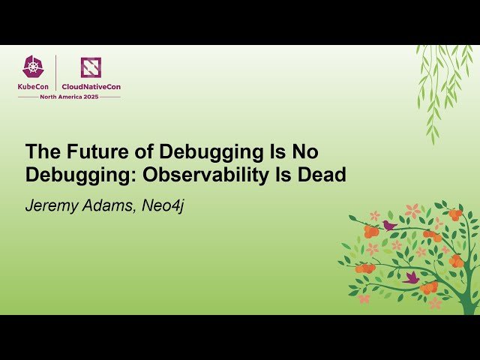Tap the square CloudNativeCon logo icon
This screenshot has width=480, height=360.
91,67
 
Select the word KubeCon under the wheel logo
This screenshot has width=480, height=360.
34,86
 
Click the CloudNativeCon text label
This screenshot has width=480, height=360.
91,86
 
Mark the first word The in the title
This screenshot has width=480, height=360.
40,151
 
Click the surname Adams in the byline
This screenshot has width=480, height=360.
109,205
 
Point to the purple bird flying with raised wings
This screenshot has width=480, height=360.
410,277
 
